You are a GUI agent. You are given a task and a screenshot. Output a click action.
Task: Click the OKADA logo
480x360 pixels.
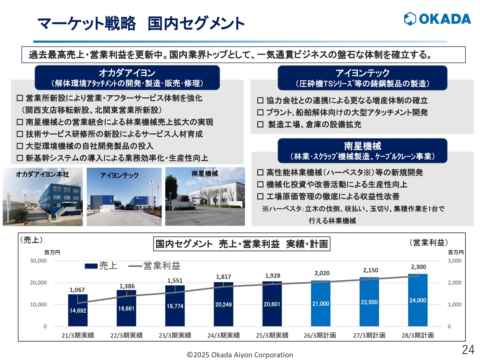(437, 19)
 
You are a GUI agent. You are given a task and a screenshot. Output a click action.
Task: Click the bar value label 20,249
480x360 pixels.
(223, 304)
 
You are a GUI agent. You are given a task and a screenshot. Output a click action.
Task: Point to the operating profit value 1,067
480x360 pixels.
(77, 290)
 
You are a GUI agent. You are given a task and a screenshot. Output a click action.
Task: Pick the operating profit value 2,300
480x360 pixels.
(418, 267)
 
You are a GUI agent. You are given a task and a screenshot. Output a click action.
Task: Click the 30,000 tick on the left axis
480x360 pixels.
(38, 261)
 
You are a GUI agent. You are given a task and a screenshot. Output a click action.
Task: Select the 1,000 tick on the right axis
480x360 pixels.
(454, 304)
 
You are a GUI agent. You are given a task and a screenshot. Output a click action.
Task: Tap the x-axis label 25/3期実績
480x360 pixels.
(272, 335)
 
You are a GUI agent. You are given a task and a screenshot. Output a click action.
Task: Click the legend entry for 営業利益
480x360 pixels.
(154, 266)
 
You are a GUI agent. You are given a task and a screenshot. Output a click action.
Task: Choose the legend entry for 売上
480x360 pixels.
(101, 266)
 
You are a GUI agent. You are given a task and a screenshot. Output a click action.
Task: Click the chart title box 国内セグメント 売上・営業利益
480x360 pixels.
(242, 244)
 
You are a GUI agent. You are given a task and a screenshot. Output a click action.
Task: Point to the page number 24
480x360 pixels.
(468, 349)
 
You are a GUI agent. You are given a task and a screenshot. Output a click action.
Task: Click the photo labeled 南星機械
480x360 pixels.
(205, 197)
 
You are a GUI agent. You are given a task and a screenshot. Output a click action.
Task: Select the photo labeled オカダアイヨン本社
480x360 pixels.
(42, 197)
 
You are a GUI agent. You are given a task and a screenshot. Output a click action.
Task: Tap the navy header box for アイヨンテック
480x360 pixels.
(362, 78)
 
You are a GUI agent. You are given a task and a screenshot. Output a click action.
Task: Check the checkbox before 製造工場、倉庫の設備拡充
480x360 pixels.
(260, 124)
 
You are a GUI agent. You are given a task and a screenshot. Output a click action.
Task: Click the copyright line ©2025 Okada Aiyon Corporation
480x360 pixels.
(240, 355)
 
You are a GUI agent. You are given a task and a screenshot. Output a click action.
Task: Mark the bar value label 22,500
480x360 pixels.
(369, 302)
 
